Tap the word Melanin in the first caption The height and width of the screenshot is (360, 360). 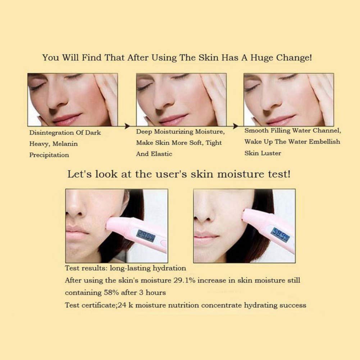tap(65, 144)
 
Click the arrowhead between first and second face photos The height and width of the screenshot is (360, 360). tap(127, 126)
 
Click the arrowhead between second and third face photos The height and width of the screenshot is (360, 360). tap(235, 126)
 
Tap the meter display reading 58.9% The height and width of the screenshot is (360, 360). tap(280, 234)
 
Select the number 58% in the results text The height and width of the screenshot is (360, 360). tap(111, 293)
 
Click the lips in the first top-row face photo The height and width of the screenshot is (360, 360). tap(67, 119)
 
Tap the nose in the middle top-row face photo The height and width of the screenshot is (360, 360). tap(161, 101)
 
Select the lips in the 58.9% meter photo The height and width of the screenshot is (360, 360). tap(205, 237)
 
